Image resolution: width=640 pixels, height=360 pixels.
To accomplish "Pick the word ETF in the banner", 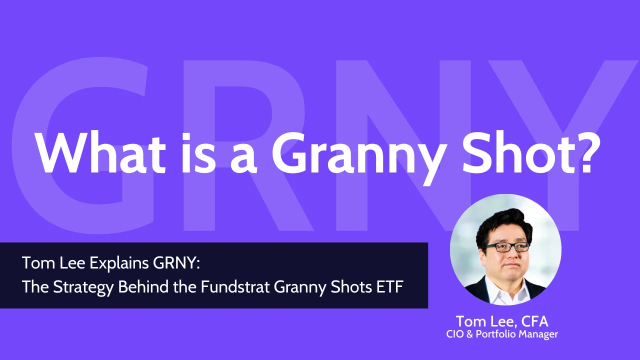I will click(x=390, y=287).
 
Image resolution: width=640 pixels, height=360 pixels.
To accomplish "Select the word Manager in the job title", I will click(x=537, y=334).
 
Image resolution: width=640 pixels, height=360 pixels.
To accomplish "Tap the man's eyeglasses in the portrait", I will click(x=506, y=246).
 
